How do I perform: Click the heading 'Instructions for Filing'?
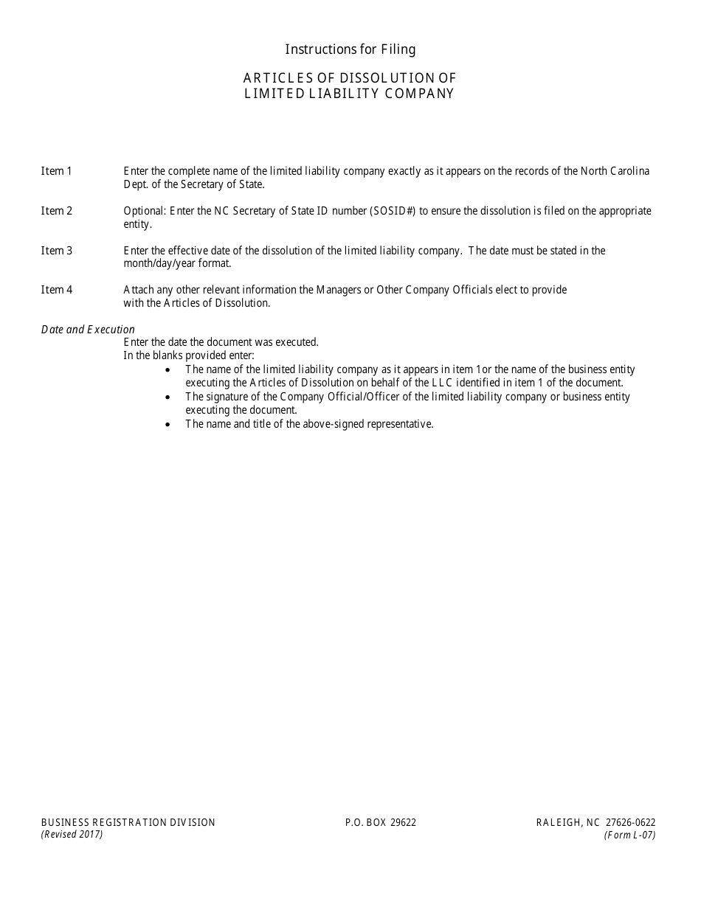pos(350,49)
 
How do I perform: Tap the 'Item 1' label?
pos(57,171)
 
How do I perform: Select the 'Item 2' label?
pos(57,211)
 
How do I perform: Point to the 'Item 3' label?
pos(57,251)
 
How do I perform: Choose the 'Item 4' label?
pos(57,290)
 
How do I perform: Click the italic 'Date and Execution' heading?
pos(88,330)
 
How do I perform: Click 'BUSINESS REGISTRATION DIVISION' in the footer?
pos(128,822)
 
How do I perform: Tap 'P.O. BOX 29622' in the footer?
pos(380,822)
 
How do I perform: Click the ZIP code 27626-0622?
pos(630,822)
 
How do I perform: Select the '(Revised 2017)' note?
pos(72,835)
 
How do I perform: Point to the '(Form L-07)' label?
pos(629,835)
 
